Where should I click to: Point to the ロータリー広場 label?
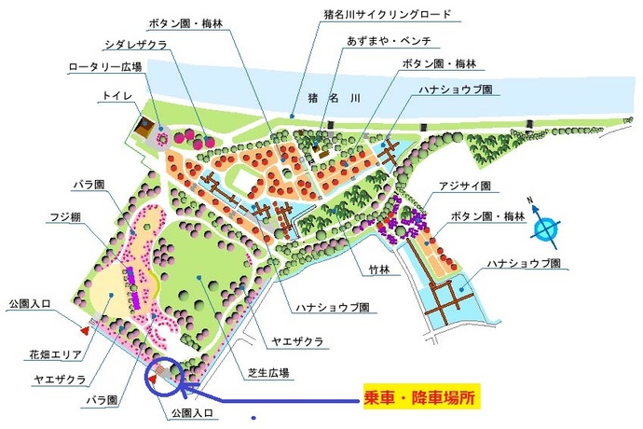pos(104,66)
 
